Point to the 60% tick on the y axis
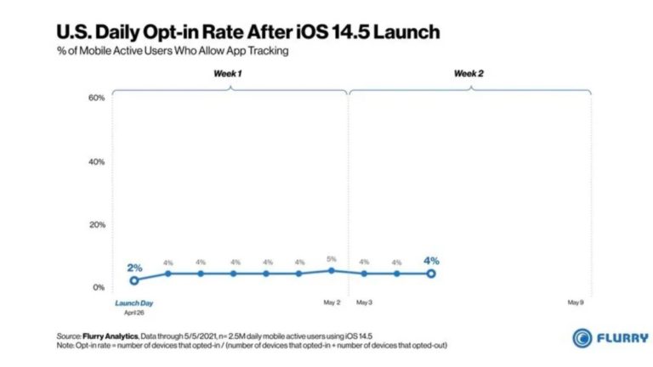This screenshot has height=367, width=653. (96, 98)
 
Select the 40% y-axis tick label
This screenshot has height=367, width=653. (96, 161)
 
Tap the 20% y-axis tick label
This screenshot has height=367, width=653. (96, 225)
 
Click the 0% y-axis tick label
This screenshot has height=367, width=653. (99, 288)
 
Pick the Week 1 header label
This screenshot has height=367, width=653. (227, 74)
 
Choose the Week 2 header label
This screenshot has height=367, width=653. (468, 74)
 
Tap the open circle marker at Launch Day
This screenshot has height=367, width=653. (133, 280)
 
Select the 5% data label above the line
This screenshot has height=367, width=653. (332, 259)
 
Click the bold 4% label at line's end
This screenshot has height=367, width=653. (431, 261)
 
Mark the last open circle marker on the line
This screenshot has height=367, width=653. (431, 274)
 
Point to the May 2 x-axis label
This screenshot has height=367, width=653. (332, 302)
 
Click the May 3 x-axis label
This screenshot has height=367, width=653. (364, 302)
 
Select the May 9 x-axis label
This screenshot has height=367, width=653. (576, 302)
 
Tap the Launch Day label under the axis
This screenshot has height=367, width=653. (133, 302)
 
